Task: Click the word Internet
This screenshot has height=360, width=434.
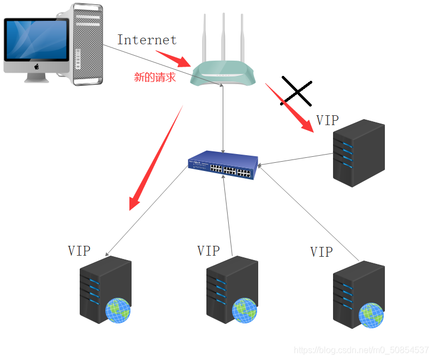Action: tap(147, 40)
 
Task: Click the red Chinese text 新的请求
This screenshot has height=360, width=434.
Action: tap(155, 77)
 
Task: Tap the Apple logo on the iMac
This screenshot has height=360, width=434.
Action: tap(37, 67)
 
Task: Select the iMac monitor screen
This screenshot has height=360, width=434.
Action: tap(37, 41)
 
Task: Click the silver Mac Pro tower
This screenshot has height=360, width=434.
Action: tap(86, 44)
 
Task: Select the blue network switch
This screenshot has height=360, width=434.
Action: tap(223, 167)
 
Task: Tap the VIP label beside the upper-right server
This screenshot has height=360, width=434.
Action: tap(327, 121)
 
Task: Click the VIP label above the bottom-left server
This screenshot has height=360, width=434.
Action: tap(79, 251)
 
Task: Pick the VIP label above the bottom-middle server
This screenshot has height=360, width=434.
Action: tap(208, 251)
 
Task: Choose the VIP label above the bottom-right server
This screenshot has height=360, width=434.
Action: tap(321, 252)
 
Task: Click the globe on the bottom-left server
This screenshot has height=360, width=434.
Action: tap(118, 310)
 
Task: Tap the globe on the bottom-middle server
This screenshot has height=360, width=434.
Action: tap(244, 310)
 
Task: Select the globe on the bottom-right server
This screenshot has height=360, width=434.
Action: tap(371, 315)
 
